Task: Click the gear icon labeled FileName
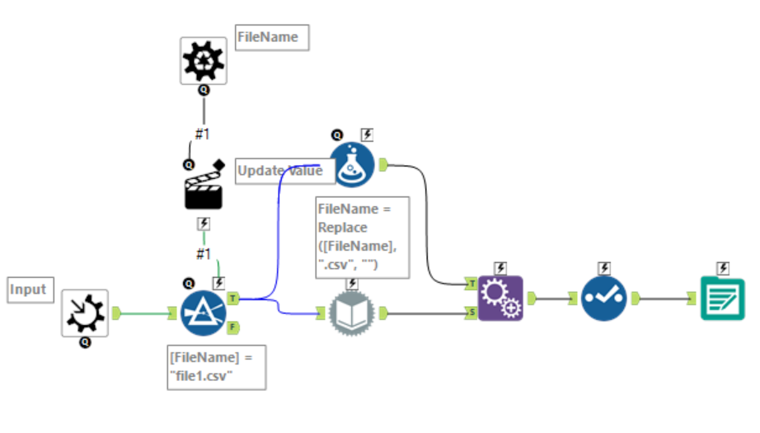point(204,60)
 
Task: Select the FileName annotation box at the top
point(272,37)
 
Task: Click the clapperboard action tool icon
point(204,189)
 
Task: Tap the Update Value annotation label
point(280,171)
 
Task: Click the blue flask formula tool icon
point(352,165)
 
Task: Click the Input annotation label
point(27,290)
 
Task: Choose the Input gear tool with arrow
point(85,313)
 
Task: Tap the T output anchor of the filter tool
point(233,298)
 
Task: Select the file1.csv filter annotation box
point(217,366)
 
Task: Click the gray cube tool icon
point(352,313)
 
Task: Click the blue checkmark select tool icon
point(603,299)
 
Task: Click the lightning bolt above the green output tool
point(723,268)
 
